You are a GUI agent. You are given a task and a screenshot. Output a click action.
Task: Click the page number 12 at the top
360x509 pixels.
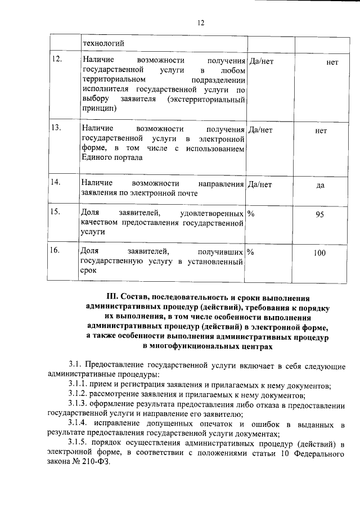(200, 22)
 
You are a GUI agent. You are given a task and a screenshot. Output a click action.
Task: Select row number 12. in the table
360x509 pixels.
(57, 60)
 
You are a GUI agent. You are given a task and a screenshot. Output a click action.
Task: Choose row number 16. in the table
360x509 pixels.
(57, 251)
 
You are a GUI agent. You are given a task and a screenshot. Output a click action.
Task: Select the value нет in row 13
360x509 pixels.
(321, 130)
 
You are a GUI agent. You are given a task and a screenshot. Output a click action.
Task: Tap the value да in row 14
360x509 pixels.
(321, 186)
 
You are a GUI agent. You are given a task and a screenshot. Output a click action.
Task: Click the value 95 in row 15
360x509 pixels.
(320, 214)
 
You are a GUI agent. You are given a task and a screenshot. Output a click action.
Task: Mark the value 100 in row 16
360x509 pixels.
(319, 254)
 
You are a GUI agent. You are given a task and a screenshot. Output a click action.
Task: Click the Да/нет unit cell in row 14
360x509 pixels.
(260, 183)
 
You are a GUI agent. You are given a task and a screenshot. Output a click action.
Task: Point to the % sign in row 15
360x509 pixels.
(251, 213)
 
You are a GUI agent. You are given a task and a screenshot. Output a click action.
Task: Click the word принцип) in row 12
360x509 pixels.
(98, 109)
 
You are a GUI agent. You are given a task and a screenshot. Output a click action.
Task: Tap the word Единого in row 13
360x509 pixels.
(97, 158)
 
